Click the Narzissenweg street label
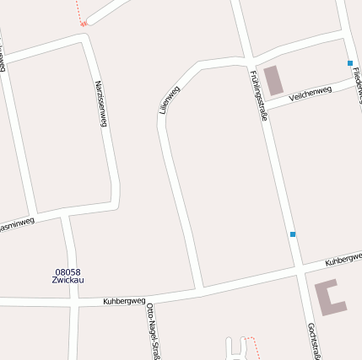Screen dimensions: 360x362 [101, 104]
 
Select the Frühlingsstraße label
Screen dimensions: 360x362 [258, 95]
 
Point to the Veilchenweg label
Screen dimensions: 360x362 [310, 94]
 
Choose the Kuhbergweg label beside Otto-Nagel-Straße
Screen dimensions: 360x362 [124, 300]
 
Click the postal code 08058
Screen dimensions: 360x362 [68, 271]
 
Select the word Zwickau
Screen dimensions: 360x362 [68, 280]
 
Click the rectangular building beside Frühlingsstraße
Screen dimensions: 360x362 [273, 80]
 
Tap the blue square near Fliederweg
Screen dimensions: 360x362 [349, 63]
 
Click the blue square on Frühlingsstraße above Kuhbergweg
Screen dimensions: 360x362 [293, 234]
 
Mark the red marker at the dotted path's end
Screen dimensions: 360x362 [84, 24]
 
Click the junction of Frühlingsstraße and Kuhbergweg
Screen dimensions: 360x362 [299, 271]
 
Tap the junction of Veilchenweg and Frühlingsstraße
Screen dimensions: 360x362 [262, 106]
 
